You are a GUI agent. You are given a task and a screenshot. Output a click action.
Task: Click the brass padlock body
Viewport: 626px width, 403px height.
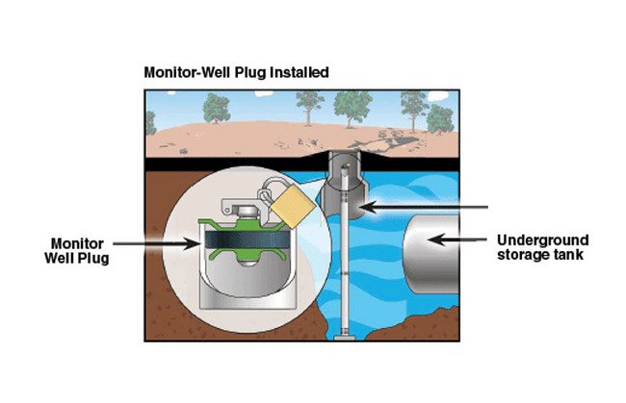point(287,207)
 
